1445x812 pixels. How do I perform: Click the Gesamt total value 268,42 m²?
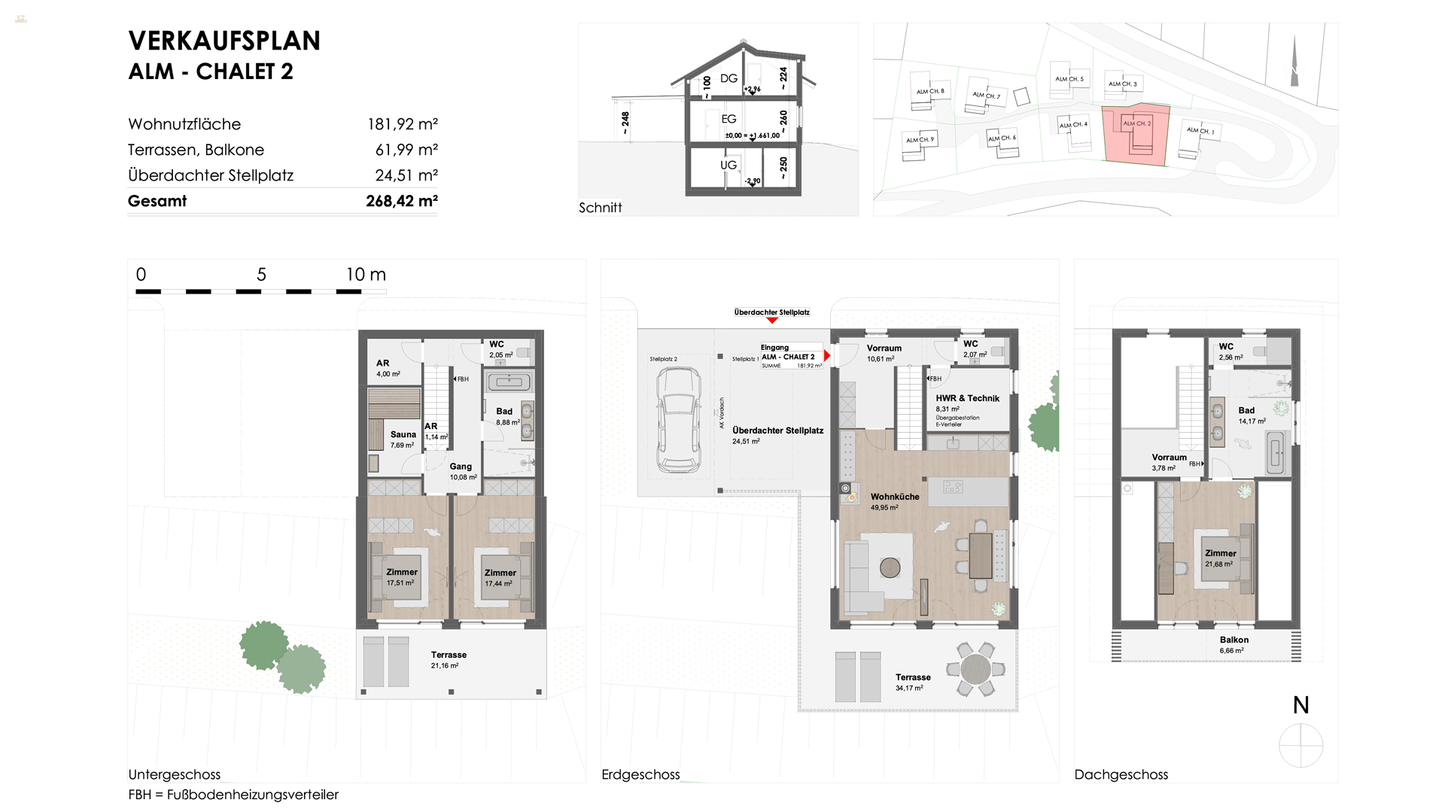pyautogui.click(x=401, y=201)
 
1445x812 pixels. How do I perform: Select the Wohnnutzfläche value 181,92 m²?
pyautogui.click(x=402, y=124)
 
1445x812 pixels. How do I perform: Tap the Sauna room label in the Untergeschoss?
pyautogui.click(x=403, y=435)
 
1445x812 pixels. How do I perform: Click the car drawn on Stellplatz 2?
pyautogui.click(x=678, y=419)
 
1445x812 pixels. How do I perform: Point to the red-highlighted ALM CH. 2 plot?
pyautogui.click(x=1136, y=134)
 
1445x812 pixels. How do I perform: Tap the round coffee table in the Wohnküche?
pyautogui.click(x=890, y=567)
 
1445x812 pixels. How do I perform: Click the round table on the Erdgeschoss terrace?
pyautogui.click(x=975, y=668)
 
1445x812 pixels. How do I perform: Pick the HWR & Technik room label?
pyautogui.click(x=967, y=399)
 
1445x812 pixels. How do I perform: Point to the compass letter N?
pyautogui.click(x=1300, y=705)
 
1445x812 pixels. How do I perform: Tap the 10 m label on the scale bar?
pyautogui.click(x=366, y=275)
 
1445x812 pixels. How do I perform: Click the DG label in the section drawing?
pyautogui.click(x=728, y=78)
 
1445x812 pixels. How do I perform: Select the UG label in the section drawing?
pyautogui.click(x=728, y=165)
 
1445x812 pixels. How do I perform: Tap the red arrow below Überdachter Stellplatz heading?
pyautogui.click(x=771, y=321)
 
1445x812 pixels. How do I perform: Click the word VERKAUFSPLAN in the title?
pyautogui.click(x=224, y=41)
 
